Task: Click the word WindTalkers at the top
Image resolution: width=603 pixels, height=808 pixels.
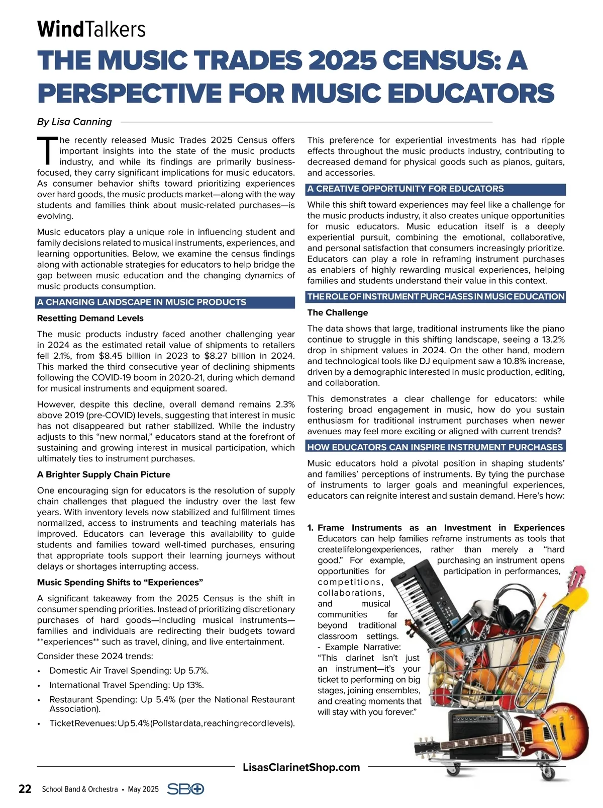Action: click(x=91, y=29)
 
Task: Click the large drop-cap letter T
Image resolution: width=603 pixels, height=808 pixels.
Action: click(x=47, y=150)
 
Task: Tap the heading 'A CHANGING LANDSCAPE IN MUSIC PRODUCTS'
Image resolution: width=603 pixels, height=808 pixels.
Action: click(x=141, y=302)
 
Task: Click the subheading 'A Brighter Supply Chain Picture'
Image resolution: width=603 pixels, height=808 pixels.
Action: click(x=104, y=474)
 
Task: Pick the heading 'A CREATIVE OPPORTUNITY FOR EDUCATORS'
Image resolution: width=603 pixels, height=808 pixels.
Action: click(x=406, y=189)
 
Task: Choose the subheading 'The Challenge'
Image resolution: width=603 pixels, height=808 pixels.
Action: click(x=338, y=312)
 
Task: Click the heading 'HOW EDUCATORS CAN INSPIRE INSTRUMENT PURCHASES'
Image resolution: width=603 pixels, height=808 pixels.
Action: click(x=435, y=447)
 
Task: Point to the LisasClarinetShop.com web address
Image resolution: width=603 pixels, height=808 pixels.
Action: click(x=301, y=767)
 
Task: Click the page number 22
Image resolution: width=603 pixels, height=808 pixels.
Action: click(x=25, y=789)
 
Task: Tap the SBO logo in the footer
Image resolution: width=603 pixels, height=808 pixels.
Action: click(x=185, y=789)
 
